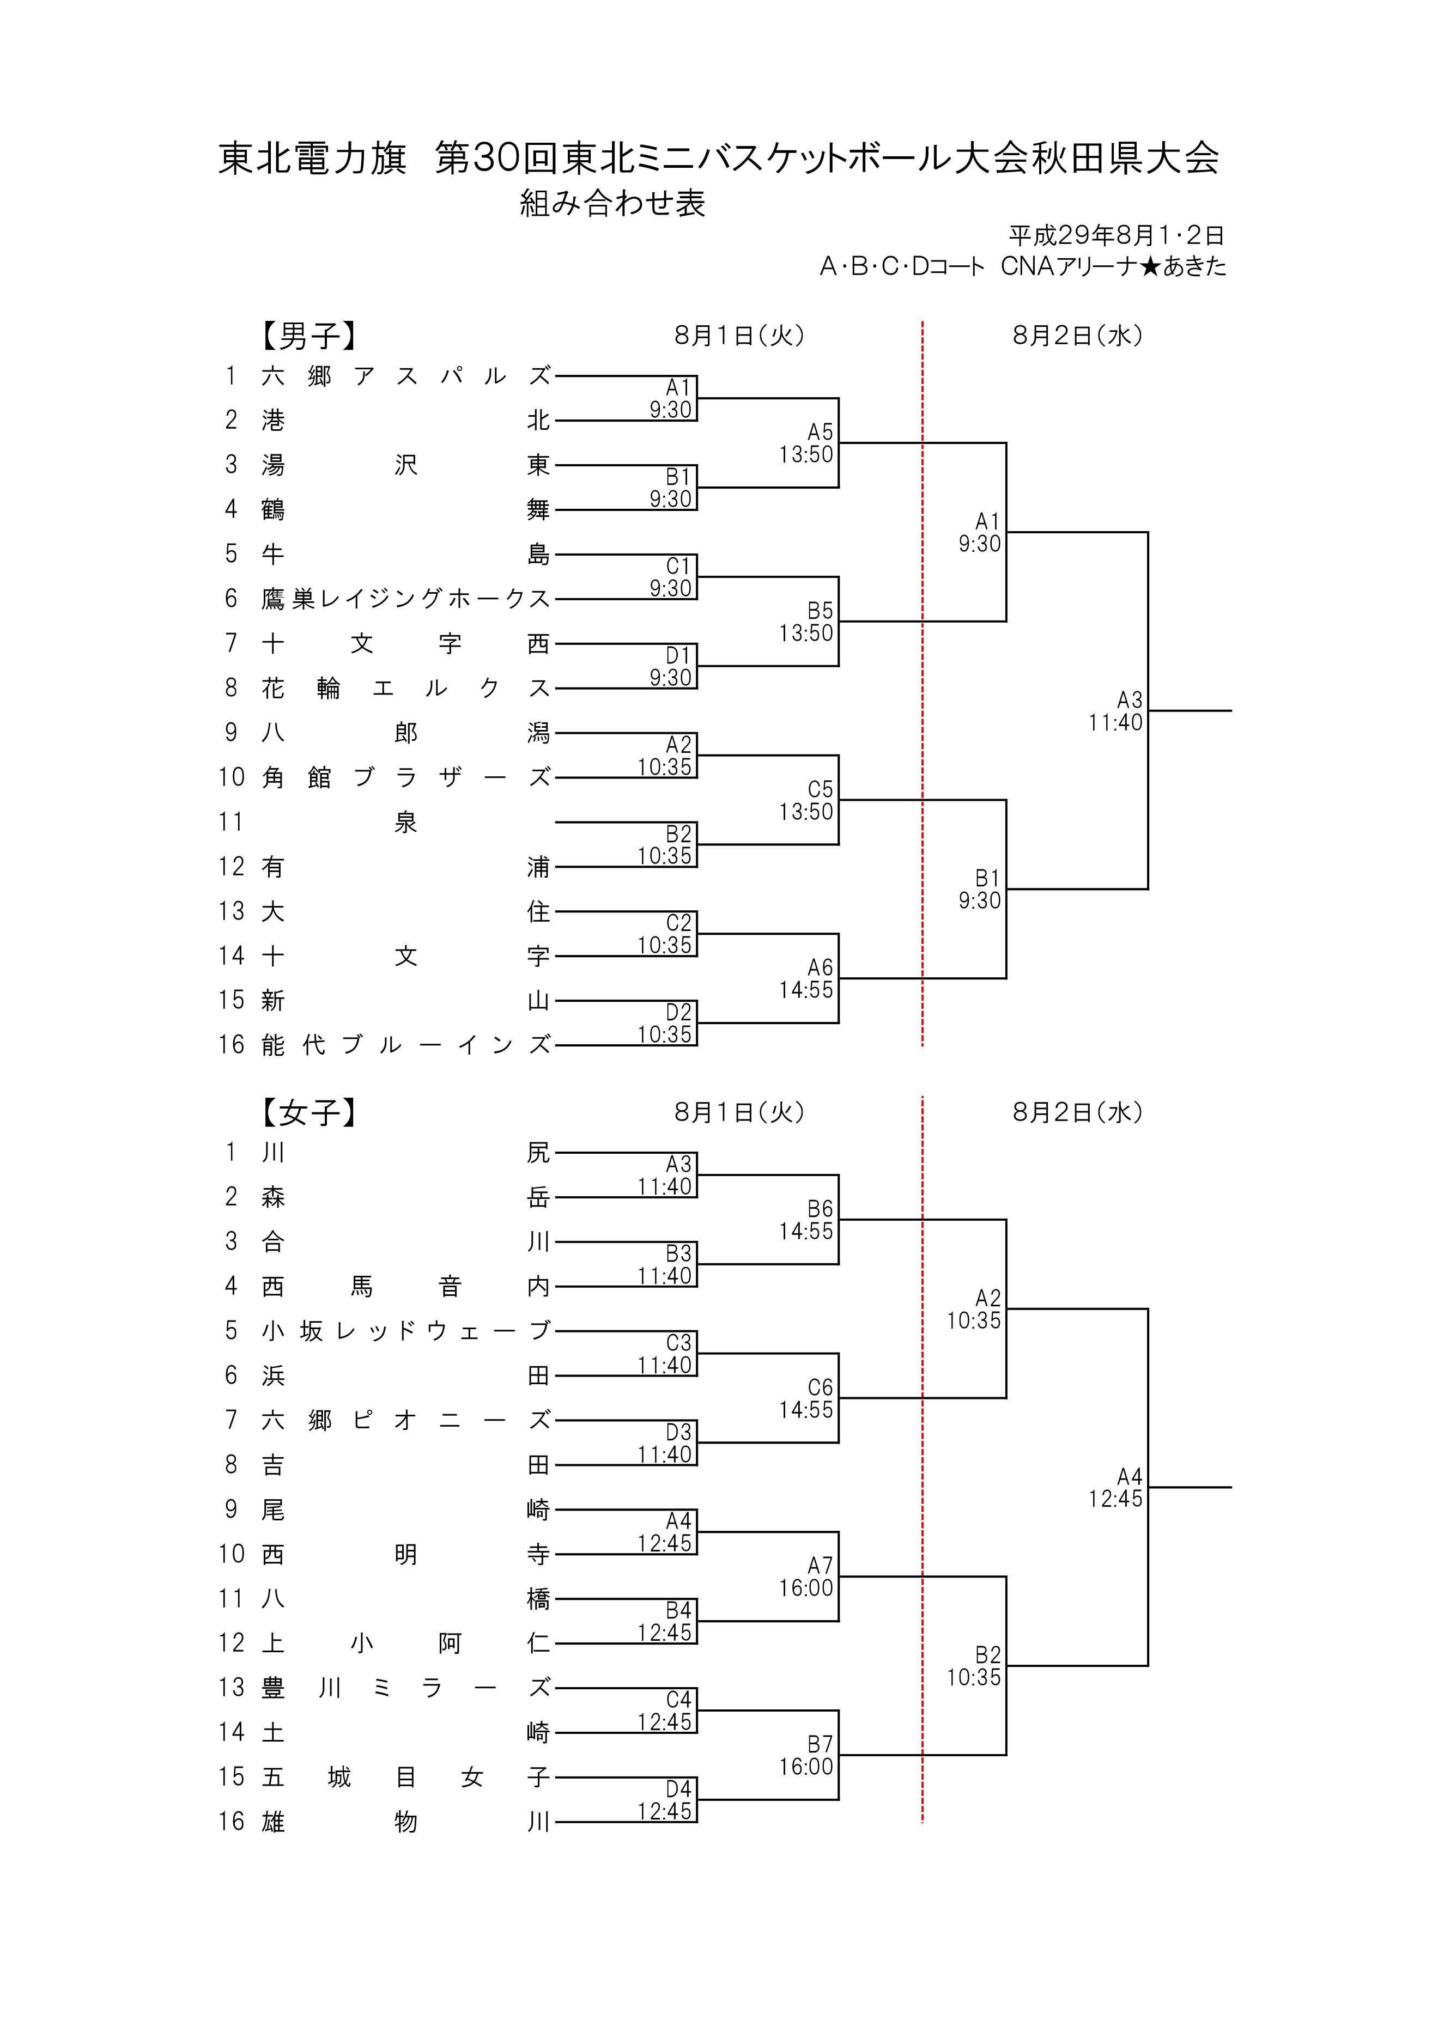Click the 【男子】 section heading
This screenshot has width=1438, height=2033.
pyautogui.click(x=308, y=336)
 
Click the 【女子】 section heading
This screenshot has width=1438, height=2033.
pyautogui.click(x=308, y=1112)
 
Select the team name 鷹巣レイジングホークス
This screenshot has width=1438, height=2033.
pyautogui.click(x=405, y=599)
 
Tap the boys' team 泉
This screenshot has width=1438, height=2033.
pyautogui.click(x=405, y=823)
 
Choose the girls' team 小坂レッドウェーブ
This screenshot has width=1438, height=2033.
pyautogui.click(x=405, y=1331)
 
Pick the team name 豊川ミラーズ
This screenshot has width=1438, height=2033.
pyautogui.click(x=405, y=1688)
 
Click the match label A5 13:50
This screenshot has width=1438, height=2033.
pyautogui.click(x=806, y=443)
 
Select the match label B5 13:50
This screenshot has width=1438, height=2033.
pyautogui.click(x=806, y=622)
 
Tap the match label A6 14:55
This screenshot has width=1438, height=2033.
pyautogui.click(x=806, y=978)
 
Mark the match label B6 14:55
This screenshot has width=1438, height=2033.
pyautogui.click(x=806, y=1220)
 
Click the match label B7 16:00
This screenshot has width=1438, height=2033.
pyautogui.click(x=806, y=1755)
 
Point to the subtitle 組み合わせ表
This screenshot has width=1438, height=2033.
pyautogui.click(x=612, y=204)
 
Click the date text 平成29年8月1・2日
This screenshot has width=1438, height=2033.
pyautogui.click(x=1116, y=235)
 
